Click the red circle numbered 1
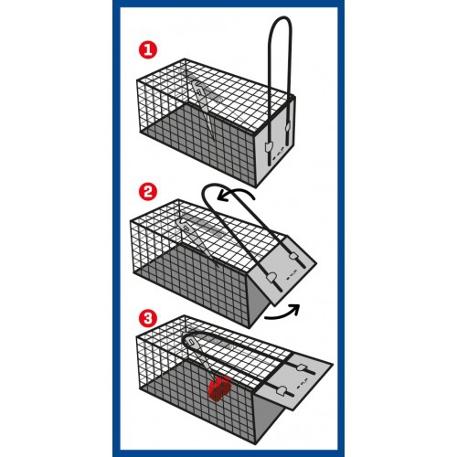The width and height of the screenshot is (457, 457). [148, 50]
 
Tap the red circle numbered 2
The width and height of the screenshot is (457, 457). [148, 192]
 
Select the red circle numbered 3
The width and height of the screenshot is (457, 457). [148, 319]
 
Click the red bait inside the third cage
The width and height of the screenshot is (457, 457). [220, 388]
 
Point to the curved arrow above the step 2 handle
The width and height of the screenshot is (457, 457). [236, 193]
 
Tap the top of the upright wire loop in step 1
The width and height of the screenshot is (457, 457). [281, 17]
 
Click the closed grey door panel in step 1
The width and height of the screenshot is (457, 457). [275, 141]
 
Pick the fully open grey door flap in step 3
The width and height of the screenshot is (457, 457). [294, 381]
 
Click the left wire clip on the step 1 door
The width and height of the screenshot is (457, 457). [269, 147]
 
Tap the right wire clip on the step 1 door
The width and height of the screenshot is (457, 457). [287, 127]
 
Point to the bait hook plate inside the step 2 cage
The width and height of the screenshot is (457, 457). [186, 226]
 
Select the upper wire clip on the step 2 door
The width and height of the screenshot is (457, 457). [293, 257]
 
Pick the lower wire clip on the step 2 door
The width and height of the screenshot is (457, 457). [271, 278]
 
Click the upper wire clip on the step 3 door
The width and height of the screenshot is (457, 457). [302, 367]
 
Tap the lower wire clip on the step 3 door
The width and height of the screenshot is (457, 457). [281, 390]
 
